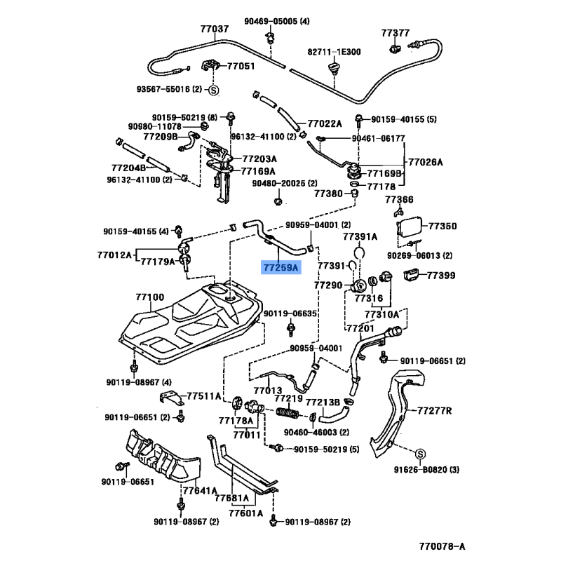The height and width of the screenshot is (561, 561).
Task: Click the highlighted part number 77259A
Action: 280,267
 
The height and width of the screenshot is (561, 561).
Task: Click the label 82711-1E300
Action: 334,52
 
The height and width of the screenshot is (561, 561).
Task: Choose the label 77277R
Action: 434,410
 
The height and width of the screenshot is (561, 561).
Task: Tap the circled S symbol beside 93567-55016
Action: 214,89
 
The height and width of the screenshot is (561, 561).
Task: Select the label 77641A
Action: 199,491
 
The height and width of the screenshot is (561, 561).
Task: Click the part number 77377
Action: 396,33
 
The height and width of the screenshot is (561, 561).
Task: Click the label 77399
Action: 442,276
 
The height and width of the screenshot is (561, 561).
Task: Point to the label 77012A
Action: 114,255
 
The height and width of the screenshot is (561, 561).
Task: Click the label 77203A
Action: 259,158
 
